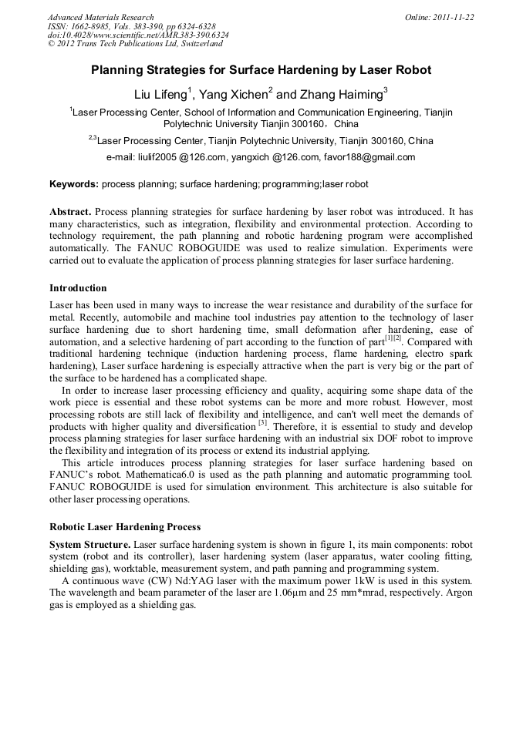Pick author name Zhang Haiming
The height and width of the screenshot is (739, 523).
click(340, 96)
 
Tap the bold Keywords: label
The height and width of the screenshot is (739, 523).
click(74, 184)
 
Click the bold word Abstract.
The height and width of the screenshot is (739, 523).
click(70, 211)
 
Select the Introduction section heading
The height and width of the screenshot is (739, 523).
click(78, 288)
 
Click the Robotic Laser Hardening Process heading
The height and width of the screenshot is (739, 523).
click(125, 528)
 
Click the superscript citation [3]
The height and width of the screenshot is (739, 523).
click(262, 422)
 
